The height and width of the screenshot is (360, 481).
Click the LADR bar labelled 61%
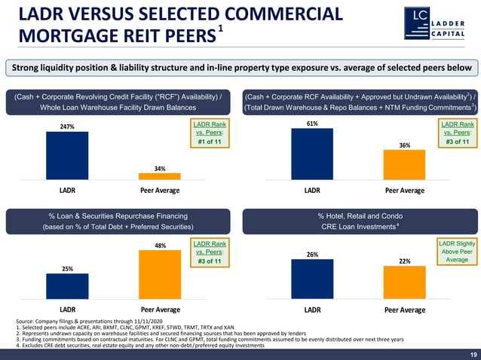(311, 154)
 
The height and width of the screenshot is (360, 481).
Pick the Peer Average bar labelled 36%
(405, 165)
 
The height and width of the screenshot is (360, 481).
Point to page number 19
(472, 354)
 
